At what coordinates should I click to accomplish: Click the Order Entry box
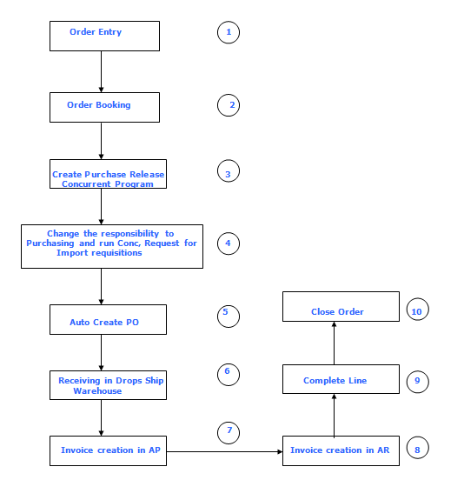pyautogui.click(x=104, y=36)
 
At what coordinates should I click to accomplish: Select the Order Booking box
pyautogui.click(x=104, y=107)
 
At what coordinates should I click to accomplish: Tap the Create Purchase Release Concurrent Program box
pyautogui.click(x=108, y=174)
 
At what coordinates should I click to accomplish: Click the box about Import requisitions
pyautogui.click(x=111, y=246)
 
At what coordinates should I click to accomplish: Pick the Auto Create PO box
pyautogui.click(x=108, y=319)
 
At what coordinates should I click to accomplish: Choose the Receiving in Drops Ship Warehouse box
pyautogui.click(x=108, y=385)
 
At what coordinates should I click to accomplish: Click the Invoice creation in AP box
pyautogui.click(x=108, y=450)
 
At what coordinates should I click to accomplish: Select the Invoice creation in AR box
pyautogui.click(x=340, y=450)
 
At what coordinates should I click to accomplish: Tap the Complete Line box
pyautogui.click(x=340, y=379)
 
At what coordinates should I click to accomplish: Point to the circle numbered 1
pyautogui.click(x=228, y=33)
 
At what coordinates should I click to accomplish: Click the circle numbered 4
pyautogui.click(x=228, y=243)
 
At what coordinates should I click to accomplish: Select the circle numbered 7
pyautogui.click(x=228, y=431)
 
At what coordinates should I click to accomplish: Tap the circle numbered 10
pyautogui.click(x=418, y=309)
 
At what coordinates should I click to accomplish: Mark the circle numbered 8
pyautogui.click(x=418, y=449)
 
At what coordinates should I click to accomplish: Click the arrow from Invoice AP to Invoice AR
pyautogui.click(x=224, y=451)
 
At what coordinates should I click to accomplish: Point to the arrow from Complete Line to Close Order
pyautogui.click(x=335, y=344)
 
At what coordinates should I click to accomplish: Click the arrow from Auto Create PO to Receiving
pyautogui.click(x=102, y=352)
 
